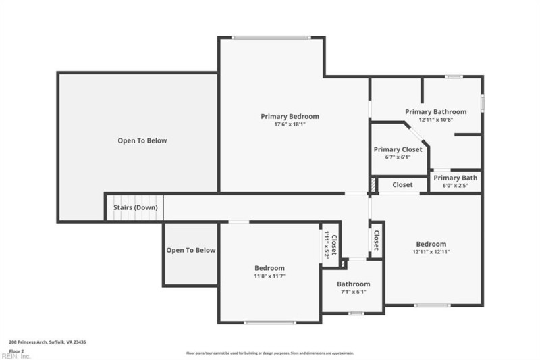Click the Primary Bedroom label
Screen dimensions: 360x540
point(290,116)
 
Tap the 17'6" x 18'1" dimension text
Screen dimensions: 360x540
point(290,124)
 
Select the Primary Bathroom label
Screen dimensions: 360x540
point(435,111)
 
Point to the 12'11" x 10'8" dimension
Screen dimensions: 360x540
point(435,120)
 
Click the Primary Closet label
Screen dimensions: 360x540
point(398,149)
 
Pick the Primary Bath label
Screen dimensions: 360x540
point(455,178)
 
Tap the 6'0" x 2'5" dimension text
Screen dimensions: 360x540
point(455,185)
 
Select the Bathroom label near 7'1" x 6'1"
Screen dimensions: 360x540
point(353,284)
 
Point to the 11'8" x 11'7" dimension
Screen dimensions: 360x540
point(269,276)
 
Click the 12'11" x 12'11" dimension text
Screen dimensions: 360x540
point(431,251)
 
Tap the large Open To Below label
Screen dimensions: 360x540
point(142,140)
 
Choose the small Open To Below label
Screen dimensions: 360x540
point(191,250)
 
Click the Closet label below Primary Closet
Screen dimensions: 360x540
point(402,184)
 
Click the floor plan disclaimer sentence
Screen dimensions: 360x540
point(270,353)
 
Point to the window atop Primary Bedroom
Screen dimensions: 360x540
point(271,37)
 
